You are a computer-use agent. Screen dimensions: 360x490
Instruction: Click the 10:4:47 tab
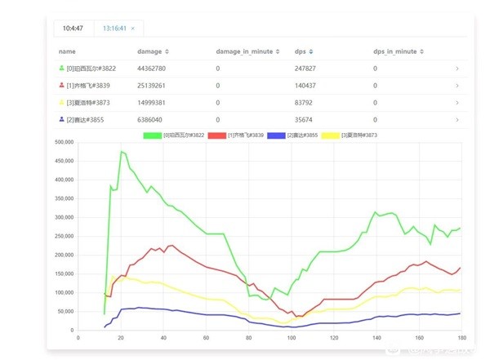pyautogui.click(x=73, y=28)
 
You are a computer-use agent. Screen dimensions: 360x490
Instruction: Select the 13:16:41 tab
pyautogui.click(x=115, y=28)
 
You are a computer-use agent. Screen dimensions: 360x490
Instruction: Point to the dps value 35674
pyautogui.click(x=304, y=119)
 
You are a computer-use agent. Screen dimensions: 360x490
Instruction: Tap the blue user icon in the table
pyautogui.click(x=61, y=119)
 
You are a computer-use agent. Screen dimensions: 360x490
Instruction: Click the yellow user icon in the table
pyautogui.click(x=61, y=102)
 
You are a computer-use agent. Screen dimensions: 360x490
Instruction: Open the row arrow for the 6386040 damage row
pyautogui.click(x=457, y=119)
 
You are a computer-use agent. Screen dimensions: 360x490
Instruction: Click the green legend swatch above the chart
pyautogui.click(x=153, y=135)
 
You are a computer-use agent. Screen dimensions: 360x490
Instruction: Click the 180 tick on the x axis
pyautogui.click(x=461, y=336)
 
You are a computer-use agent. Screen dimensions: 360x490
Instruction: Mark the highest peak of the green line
pyautogui.click(x=121, y=151)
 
